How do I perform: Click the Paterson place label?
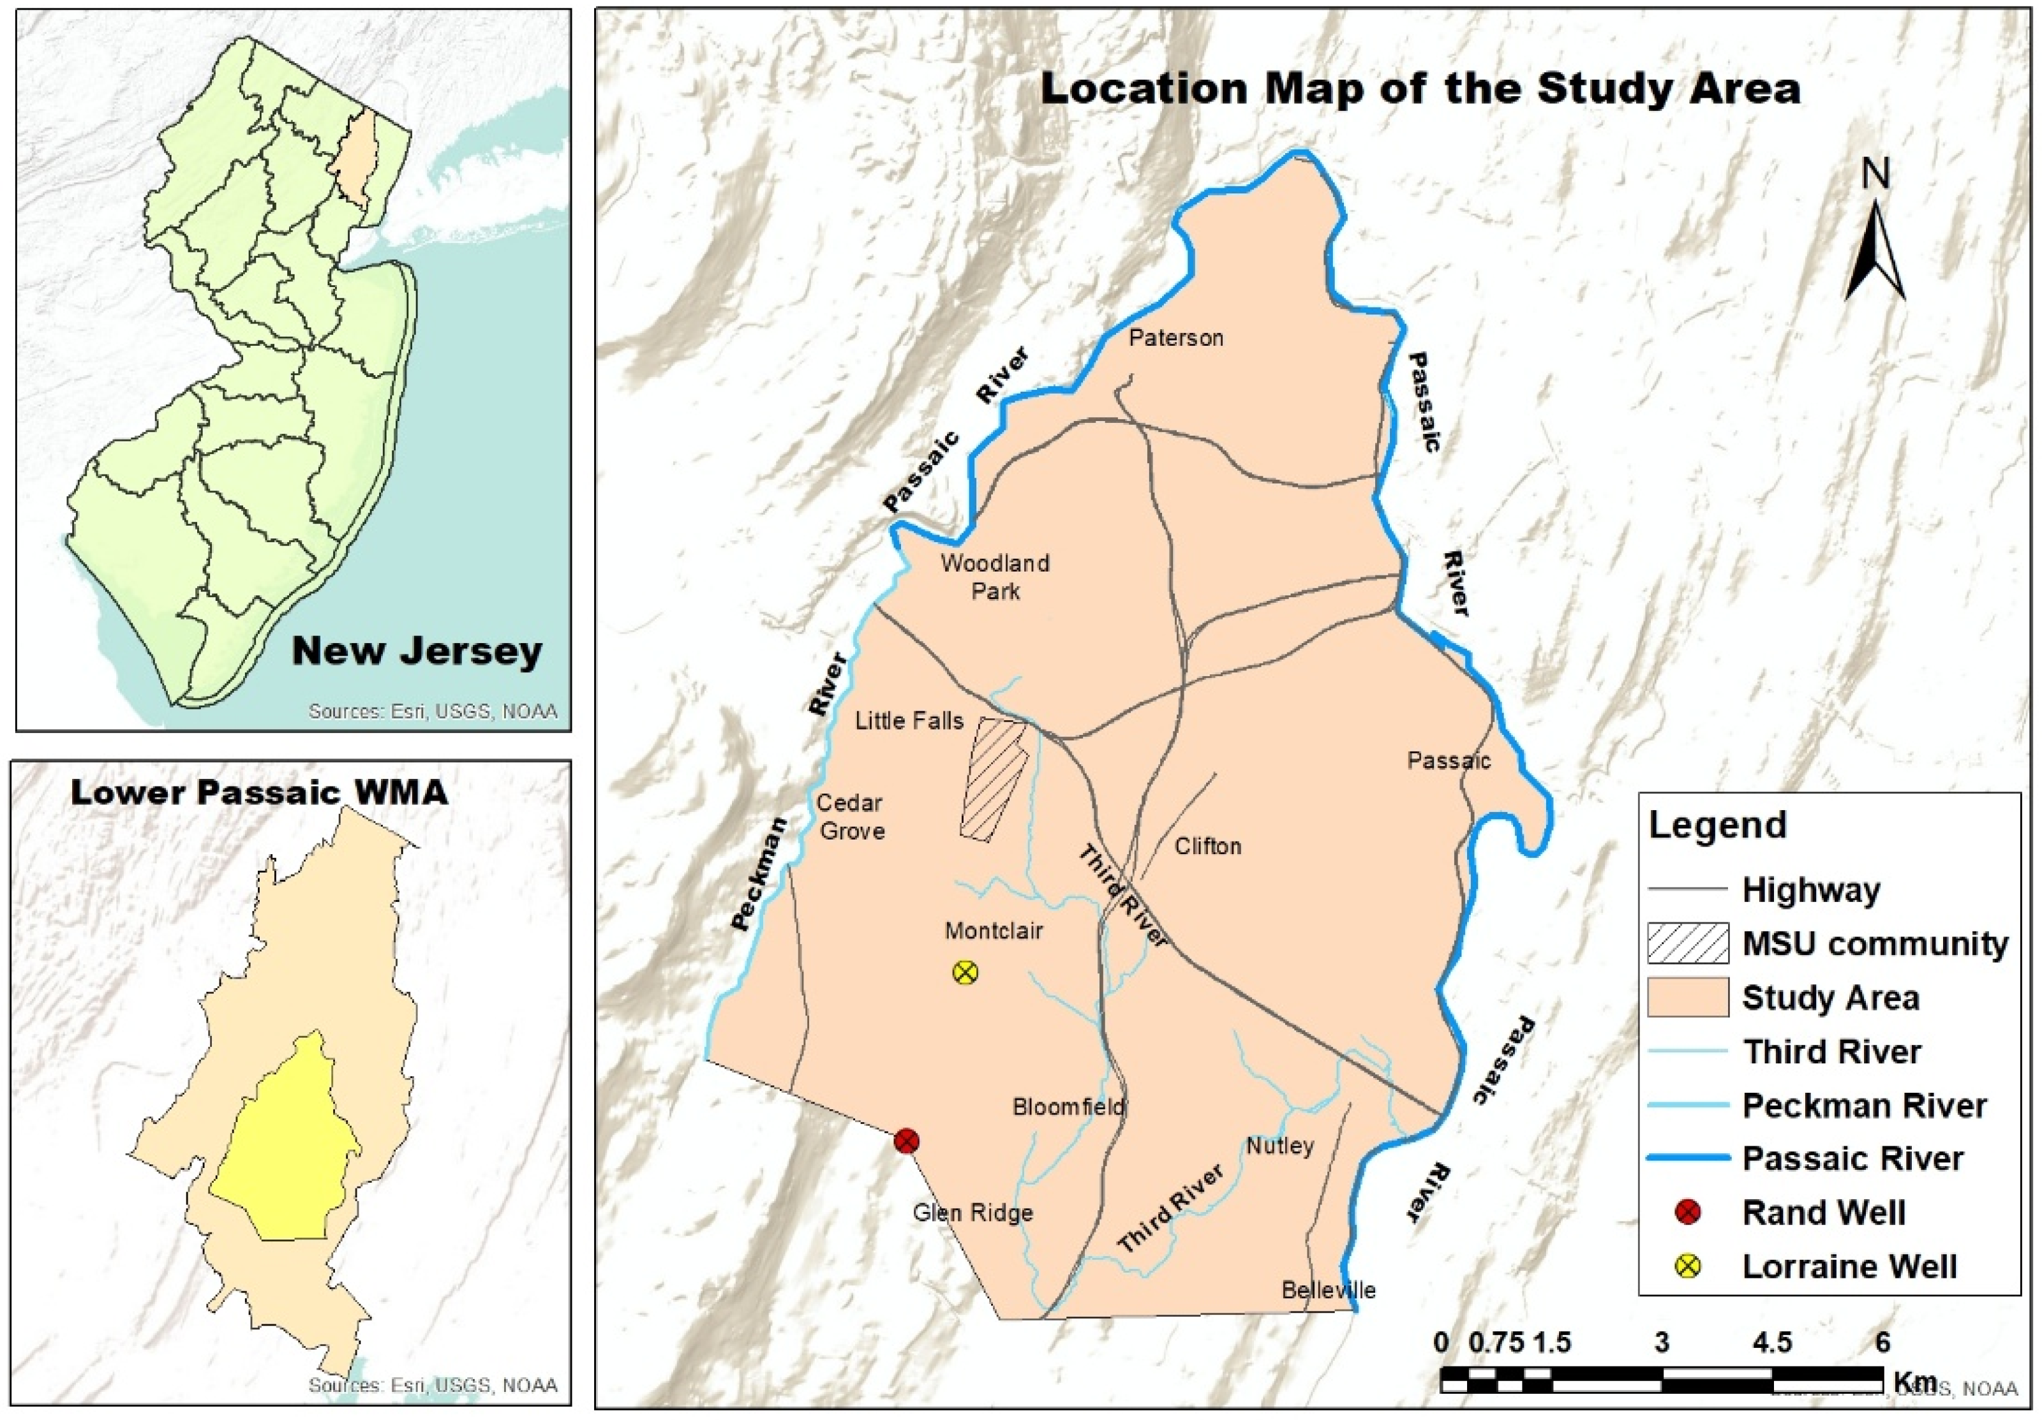(1176, 338)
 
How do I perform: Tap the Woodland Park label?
(995, 576)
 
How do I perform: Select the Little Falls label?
(909, 720)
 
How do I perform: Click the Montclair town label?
(994, 931)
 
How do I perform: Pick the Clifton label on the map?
(1208, 846)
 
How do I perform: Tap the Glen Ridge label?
(973, 1213)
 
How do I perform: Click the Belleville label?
(1329, 1290)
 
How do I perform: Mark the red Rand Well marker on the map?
(906, 1141)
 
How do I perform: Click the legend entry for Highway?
(1811, 890)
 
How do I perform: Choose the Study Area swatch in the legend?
(1688, 998)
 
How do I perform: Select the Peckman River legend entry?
(1863, 1106)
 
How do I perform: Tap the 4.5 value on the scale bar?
(1771, 1342)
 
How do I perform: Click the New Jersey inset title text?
(417, 651)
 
